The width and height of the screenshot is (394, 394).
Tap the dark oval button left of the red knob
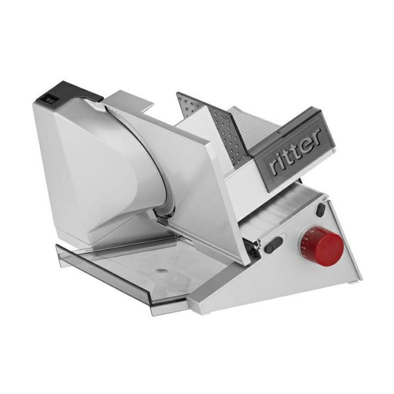[x=274, y=244]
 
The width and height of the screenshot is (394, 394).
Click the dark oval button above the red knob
[x=321, y=210]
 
